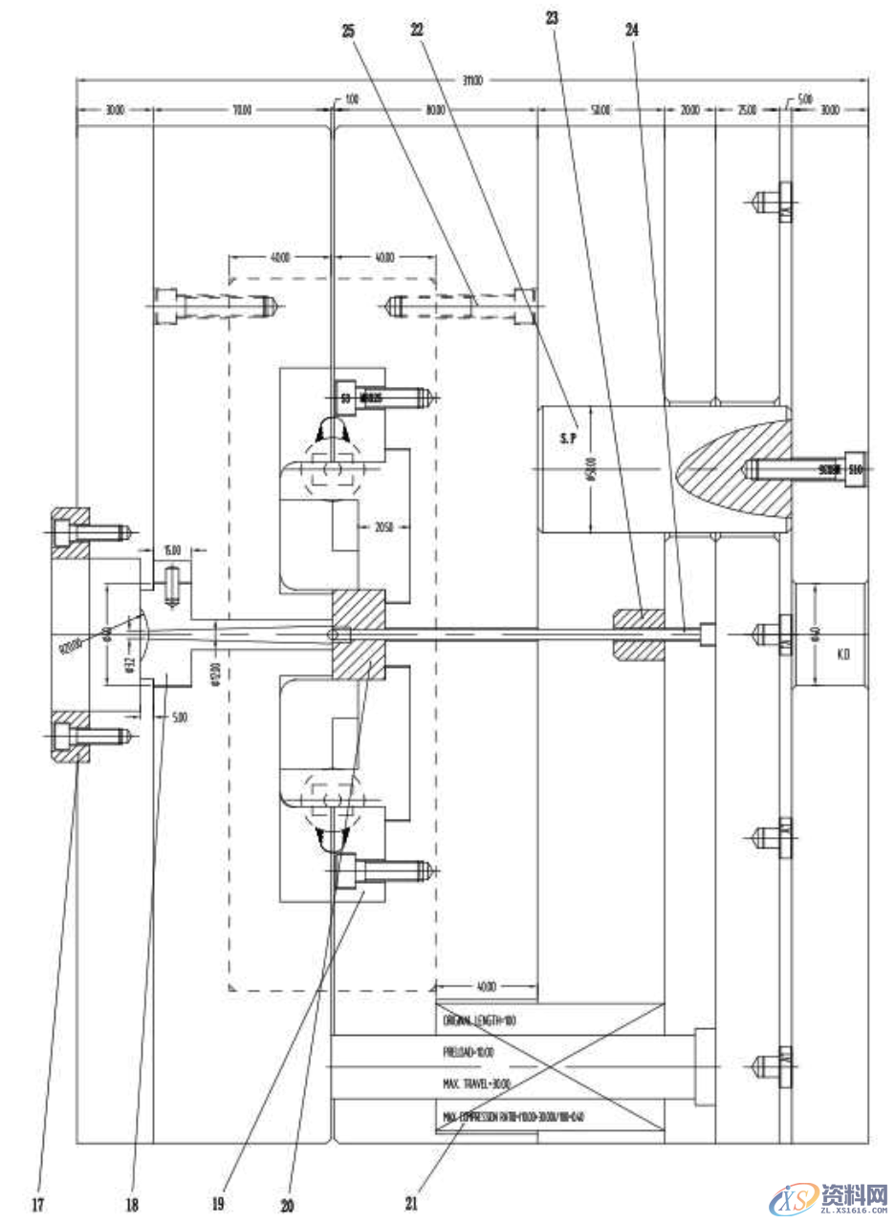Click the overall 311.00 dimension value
472,81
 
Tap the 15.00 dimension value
172,550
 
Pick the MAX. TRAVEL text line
476,1084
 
